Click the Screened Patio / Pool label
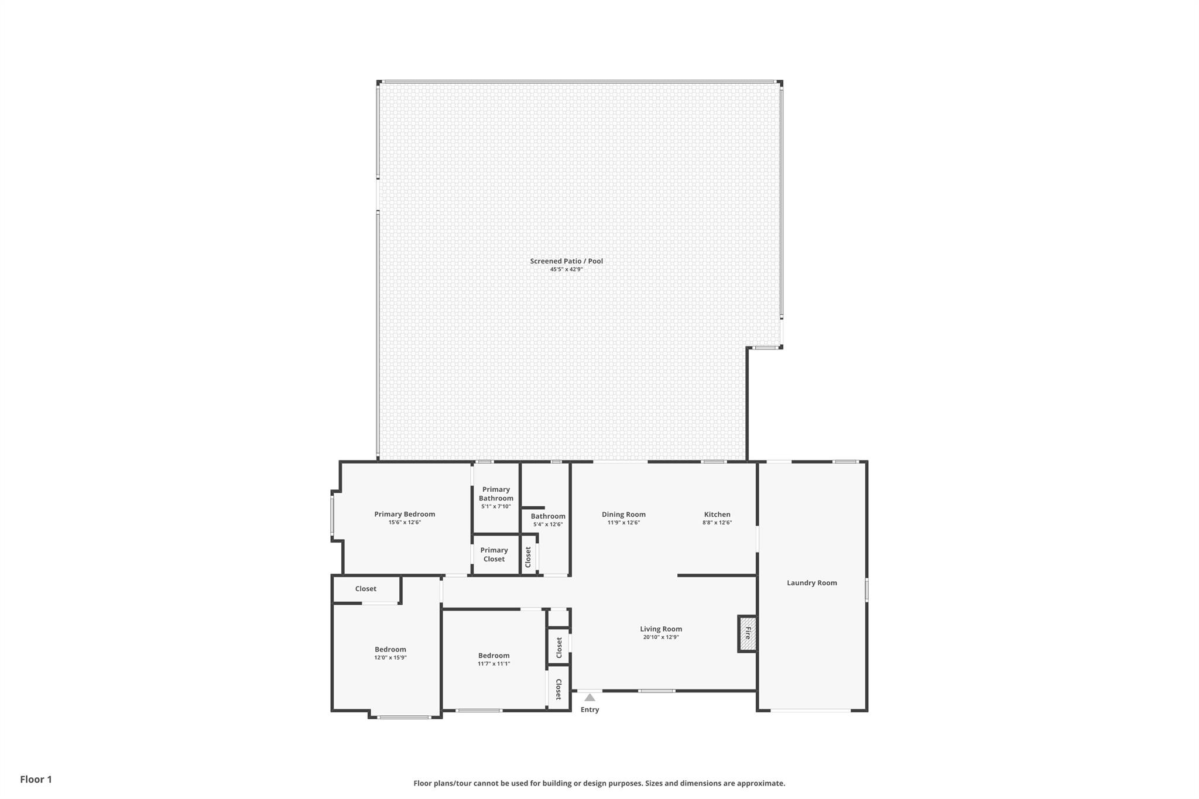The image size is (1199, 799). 566,261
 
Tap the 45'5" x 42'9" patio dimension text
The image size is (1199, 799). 566,269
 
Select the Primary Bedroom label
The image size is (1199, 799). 405,514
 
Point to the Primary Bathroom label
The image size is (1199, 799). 496,493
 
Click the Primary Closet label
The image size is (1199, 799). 494,554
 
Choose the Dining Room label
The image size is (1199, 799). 624,515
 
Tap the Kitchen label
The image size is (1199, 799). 717,515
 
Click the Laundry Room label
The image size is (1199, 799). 811,582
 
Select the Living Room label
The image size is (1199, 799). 661,629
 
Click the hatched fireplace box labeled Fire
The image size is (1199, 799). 748,633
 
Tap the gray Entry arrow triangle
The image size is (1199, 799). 590,697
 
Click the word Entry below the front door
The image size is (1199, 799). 590,709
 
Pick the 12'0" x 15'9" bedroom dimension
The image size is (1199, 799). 390,657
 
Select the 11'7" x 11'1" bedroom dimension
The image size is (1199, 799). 494,664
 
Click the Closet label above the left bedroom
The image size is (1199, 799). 365,589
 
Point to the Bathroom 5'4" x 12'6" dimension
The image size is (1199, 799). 548,524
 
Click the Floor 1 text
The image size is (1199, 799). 36,779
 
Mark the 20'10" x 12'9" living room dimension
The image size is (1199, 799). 661,637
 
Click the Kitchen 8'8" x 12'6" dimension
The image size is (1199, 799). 717,523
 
